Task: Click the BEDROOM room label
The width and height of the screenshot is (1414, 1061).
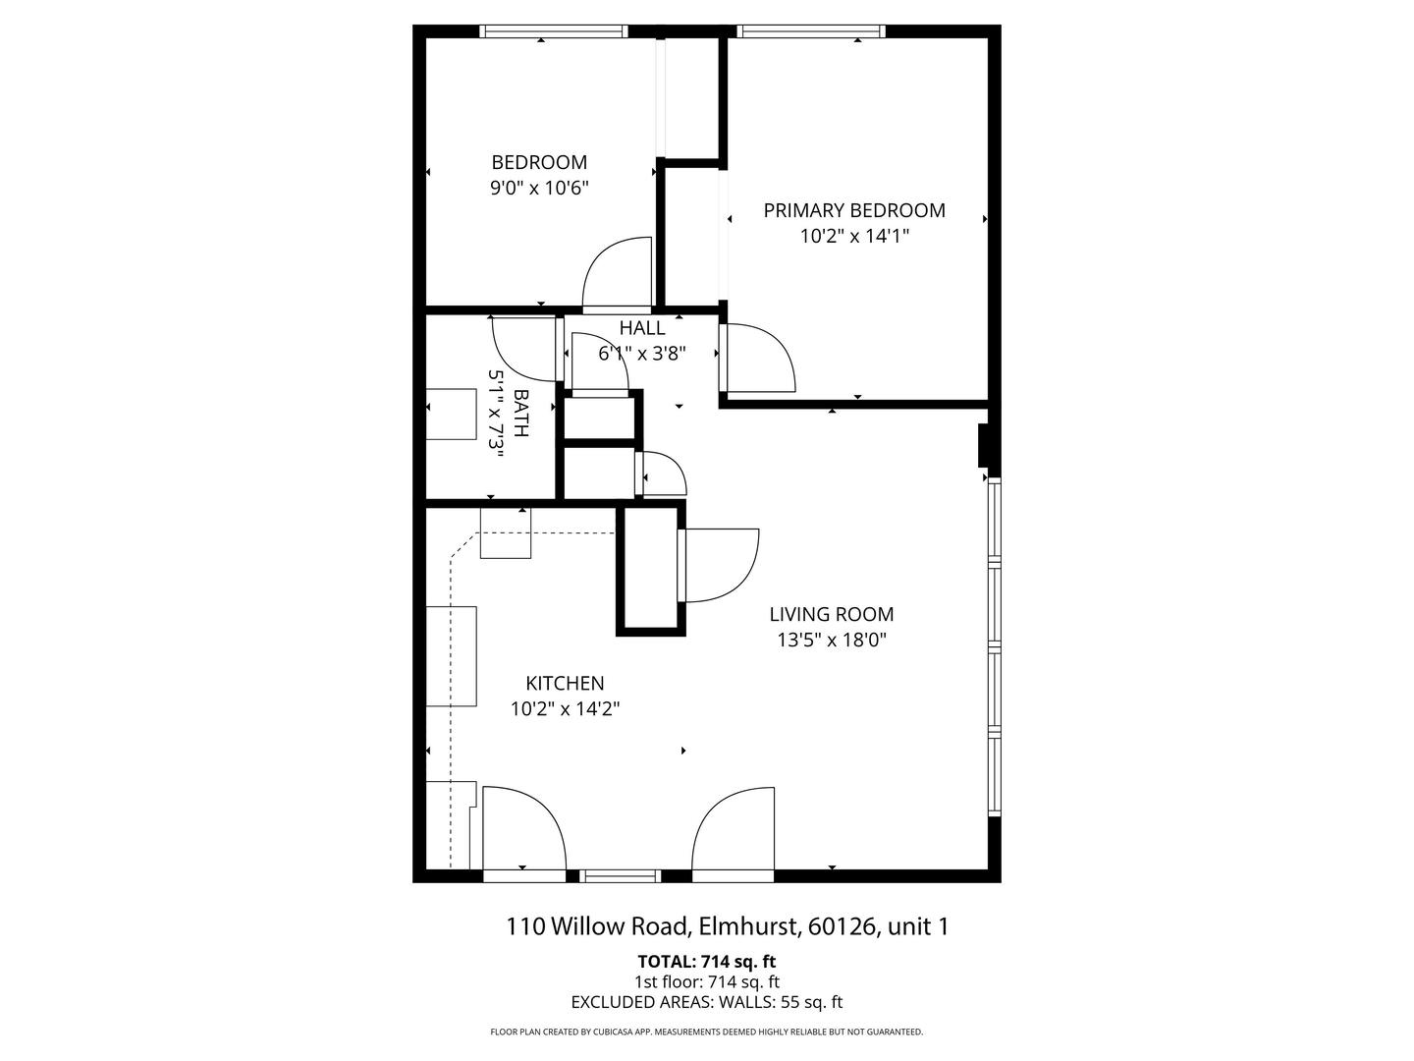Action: (x=539, y=162)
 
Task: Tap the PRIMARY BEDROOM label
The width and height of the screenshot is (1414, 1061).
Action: (x=854, y=210)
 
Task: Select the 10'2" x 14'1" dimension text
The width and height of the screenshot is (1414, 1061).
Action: (x=854, y=236)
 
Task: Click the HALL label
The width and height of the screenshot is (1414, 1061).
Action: (x=642, y=328)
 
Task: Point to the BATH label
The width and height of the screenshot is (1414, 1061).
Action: (x=520, y=414)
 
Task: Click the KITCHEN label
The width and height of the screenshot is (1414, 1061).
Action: (x=565, y=683)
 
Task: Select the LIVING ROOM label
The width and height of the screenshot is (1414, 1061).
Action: (x=831, y=614)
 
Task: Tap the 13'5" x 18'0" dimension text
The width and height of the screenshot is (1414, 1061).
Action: (x=831, y=640)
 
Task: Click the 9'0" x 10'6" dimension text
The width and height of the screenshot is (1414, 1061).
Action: (x=539, y=188)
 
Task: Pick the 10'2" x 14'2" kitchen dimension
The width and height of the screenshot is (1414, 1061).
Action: (x=565, y=708)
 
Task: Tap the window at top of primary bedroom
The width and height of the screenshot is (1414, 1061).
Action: (x=811, y=31)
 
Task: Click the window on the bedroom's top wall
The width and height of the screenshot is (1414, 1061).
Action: (x=554, y=31)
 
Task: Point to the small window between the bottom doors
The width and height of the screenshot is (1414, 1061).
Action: (x=620, y=875)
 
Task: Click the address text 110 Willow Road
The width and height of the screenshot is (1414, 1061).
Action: (x=727, y=925)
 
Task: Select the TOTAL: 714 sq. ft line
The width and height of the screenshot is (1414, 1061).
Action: (x=707, y=961)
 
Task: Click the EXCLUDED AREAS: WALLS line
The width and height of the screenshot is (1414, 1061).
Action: (x=707, y=1002)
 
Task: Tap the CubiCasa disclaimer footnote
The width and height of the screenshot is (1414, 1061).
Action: (x=707, y=1032)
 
